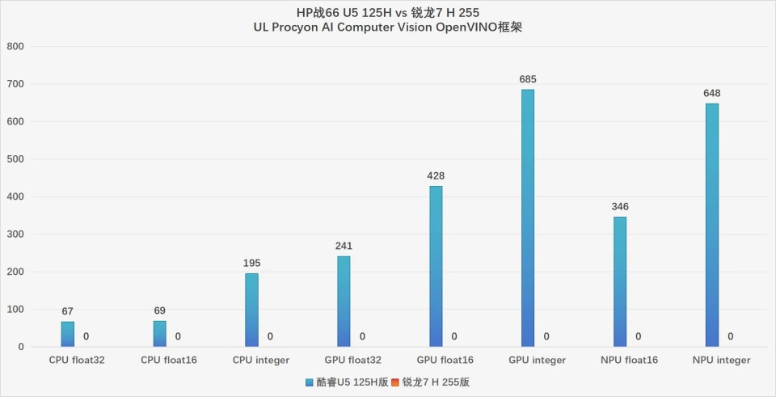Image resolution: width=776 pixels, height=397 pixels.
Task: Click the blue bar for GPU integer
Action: point(528,218)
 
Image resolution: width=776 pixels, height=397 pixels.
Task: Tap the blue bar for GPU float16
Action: point(436,267)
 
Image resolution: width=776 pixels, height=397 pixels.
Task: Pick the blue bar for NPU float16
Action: point(619,282)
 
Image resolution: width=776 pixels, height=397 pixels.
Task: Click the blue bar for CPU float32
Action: point(68,335)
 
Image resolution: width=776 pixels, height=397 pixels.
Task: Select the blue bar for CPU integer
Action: point(251,310)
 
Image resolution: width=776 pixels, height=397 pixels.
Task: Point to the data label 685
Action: point(528,79)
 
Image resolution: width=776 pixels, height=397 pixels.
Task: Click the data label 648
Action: point(711,93)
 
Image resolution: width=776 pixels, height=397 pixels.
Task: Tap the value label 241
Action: point(344,246)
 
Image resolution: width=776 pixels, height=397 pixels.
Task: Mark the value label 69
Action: point(159,310)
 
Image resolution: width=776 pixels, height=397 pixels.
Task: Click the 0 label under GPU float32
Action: point(362,336)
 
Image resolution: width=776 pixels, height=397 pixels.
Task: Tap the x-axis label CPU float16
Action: point(168,360)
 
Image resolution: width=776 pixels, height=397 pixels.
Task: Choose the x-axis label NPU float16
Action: point(629,360)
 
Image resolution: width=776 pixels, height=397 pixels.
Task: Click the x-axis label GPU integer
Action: point(537,360)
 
